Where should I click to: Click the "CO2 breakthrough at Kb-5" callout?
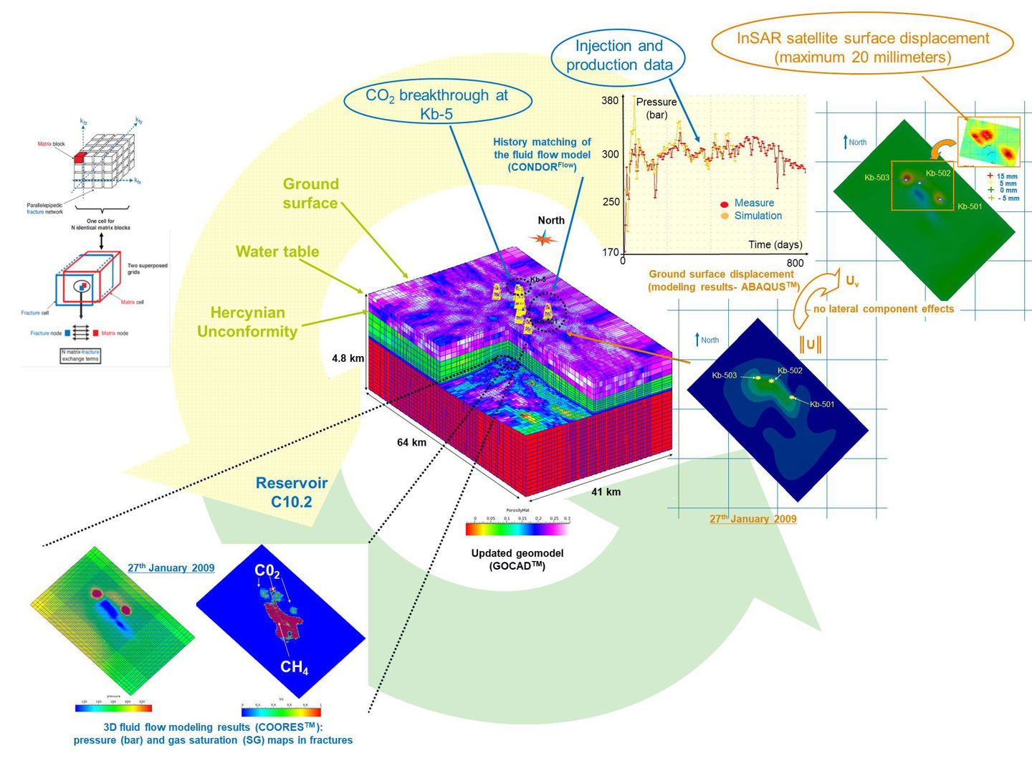tap(436, 104)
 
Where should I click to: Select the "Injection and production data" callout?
tap(618, 55)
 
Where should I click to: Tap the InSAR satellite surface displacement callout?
tap(862, 47)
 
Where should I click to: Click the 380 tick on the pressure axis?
tap(610, 100)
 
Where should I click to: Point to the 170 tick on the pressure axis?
tap(610, 252)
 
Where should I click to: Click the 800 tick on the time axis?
tap(795, 262)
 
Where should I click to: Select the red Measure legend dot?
tap(725, 204)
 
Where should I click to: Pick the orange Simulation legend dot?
tap(725, 216)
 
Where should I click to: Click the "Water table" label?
tap(277, 252)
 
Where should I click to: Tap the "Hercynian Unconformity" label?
tap(247, 322)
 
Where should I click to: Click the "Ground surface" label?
tap(310, 193)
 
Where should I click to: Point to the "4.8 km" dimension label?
tap(348, 358)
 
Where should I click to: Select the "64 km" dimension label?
tap(411, 442)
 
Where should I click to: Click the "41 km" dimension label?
tap(606, 492)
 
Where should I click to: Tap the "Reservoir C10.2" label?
tap(292, 492)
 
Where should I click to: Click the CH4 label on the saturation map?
tap(294, 667)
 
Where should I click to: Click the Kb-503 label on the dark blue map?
tap(724, 375)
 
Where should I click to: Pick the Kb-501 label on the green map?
tap(970, 206)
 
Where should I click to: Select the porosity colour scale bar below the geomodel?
tap(517, 530)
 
